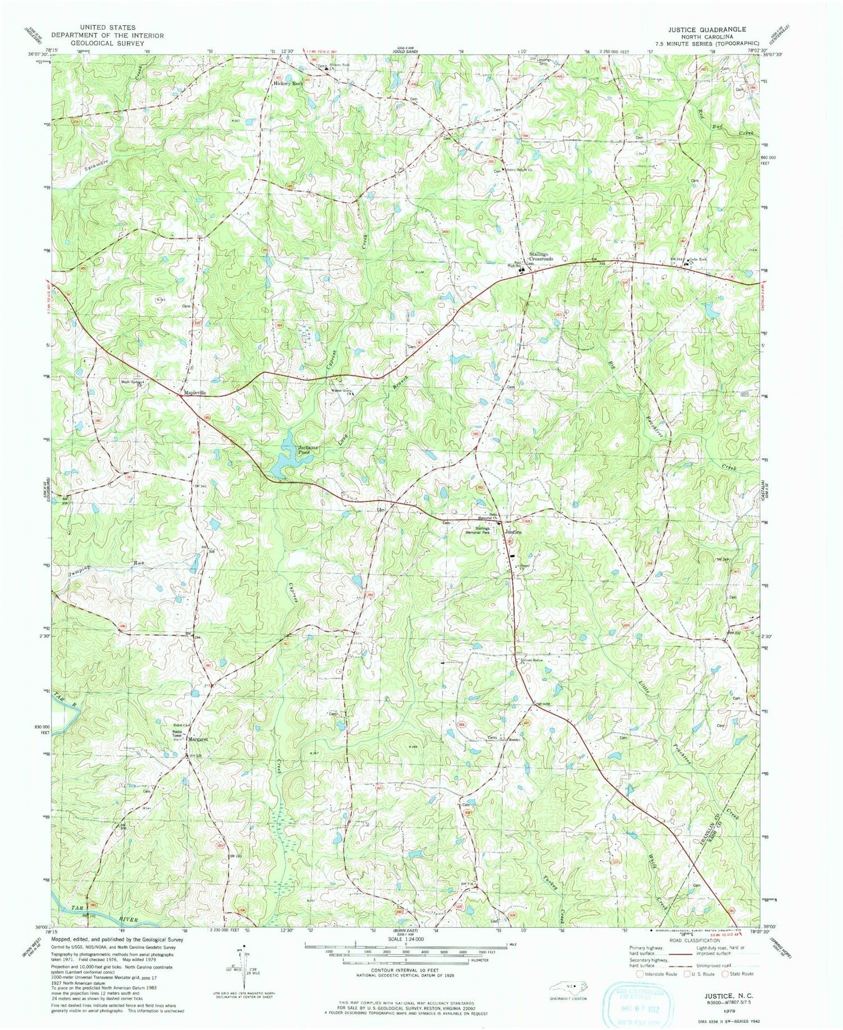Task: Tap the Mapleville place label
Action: pyautogui.click(x=192, y=394)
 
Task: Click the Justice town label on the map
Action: pyautogui.click(x=513, y=532)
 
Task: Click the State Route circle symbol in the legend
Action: pyautogui.click(x=726, y=973)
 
